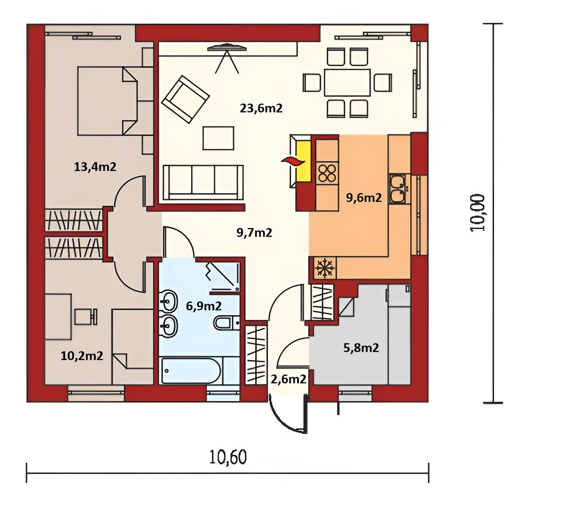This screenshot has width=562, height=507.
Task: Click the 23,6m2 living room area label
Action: pos(261,108)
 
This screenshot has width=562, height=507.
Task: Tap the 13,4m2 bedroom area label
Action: pos(95,166)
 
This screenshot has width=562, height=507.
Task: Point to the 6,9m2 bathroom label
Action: pos(203,306)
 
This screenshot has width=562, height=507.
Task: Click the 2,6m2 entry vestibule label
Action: pos(288,379)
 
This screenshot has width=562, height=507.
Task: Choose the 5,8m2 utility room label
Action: pos(361,348)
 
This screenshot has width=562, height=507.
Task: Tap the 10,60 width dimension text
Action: pos(228,457)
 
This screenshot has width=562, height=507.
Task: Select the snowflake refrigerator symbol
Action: pos(325,268)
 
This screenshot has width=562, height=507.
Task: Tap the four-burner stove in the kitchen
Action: pos(327,173)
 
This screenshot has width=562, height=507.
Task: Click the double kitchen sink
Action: pos(398,189)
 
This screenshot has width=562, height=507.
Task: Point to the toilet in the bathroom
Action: pos(227,323)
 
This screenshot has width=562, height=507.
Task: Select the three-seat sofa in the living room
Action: pos(203,182)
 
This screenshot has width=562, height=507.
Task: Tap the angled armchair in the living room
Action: pos(185,99)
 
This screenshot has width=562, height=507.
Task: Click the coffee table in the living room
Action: pos(218,138)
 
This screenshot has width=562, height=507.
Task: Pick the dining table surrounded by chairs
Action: pos(347,82)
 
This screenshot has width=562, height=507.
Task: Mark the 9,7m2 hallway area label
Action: pos(255,233)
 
